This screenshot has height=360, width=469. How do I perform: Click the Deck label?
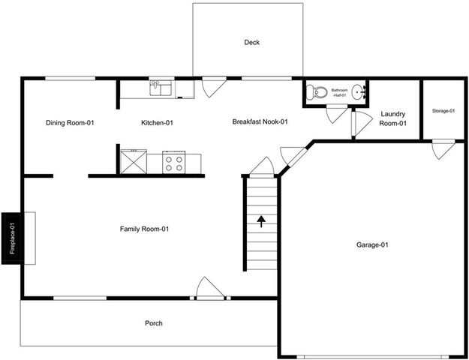(251, 43)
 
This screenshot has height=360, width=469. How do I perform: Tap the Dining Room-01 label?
(70, 123)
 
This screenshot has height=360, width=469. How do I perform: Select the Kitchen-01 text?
(158, 123)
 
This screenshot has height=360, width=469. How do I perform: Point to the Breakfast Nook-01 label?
(260, 121)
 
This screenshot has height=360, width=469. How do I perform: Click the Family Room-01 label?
(144, 229)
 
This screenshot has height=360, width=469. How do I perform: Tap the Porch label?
(153, 323)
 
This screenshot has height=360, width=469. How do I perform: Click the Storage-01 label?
(443, 111)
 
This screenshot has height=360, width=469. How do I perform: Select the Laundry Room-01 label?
(392, 118)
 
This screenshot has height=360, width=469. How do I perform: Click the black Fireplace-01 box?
(12, 237)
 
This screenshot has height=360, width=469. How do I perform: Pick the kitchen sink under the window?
(160, 89)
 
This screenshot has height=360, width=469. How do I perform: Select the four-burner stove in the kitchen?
(174, 162)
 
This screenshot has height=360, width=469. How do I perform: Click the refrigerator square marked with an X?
(134, 160)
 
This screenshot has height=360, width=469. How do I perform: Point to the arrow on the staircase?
(261, 220)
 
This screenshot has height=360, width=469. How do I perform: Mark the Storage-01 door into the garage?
(443, 147)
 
